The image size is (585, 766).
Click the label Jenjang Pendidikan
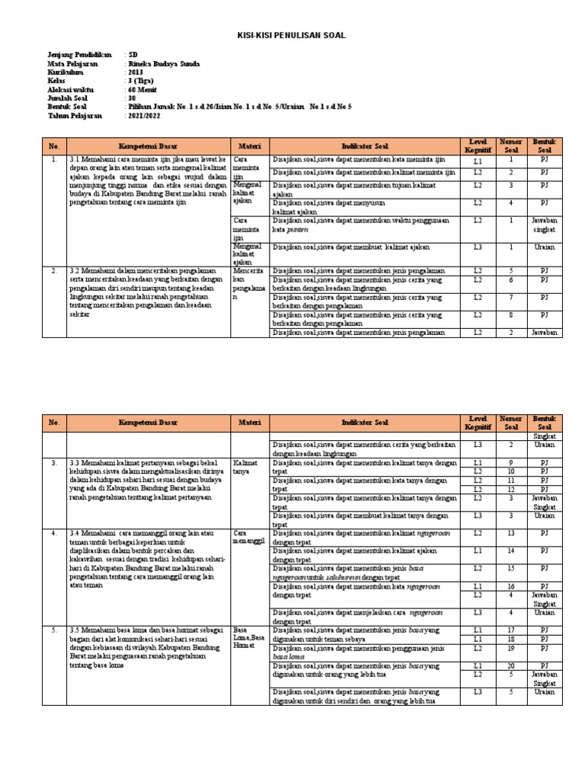pyautogui.click(x=79, y=56)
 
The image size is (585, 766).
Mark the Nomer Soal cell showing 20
pyautogui.click(x=510, y=665)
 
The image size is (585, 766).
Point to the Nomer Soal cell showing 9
pyautogui.click(x=510, y=462)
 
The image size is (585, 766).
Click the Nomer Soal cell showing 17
pyautogui.click(x=510, y=630)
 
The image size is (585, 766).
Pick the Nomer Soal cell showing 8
pyautogui.click(x=511, y=314)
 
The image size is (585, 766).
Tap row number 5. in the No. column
pyautogui.click(x=54, y=630)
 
